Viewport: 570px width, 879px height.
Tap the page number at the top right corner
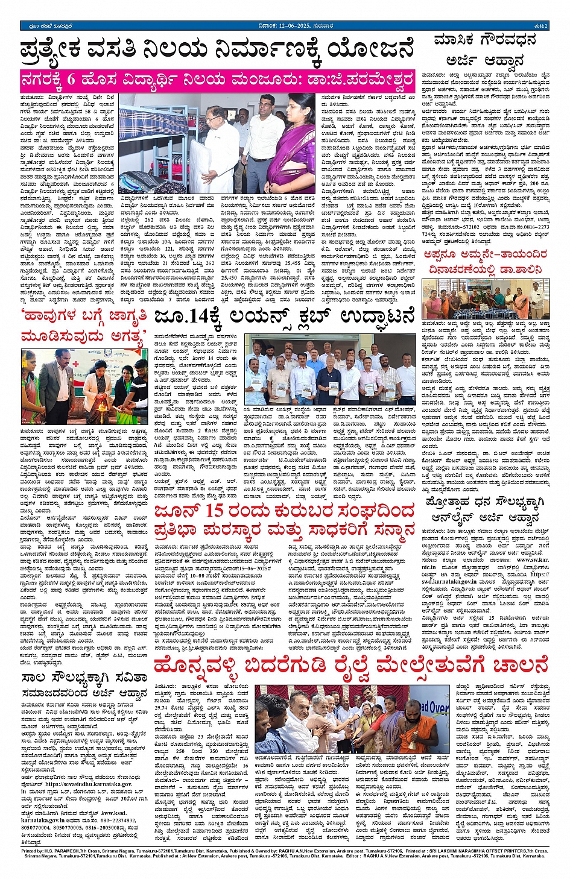pyautogui.click(x=540, y=26)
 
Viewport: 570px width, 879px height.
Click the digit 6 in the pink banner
pyautogui.click(x=71, y=79)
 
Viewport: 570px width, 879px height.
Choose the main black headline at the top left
pyautogui.click(x=217, y=51)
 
